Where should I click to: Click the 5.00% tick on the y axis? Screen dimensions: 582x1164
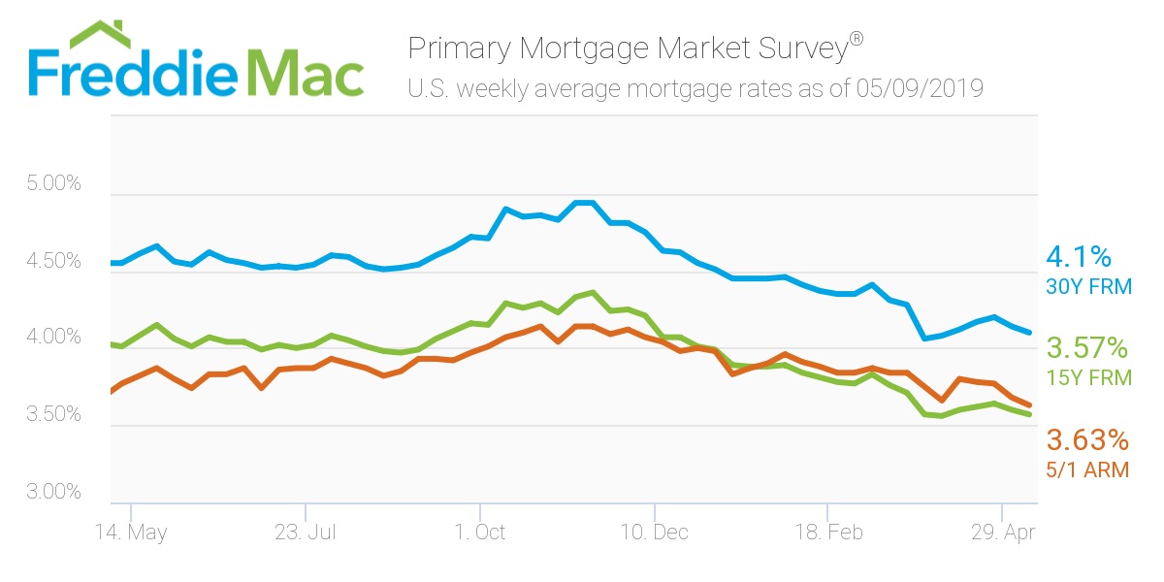click(x=53, y=183)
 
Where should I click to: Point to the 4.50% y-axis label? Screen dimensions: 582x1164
click(x=53, y=261)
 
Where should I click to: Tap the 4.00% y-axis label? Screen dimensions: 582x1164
click(x=53, y=338)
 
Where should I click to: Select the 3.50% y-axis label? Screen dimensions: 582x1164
click(x=53, y=414)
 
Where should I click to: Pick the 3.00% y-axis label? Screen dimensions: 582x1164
click(x=53, y=492)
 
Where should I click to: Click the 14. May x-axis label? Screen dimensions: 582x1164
click(x=130, y=533)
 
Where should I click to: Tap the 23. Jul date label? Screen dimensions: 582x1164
click(x=305, y=533)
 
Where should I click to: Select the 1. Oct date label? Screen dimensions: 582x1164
click(x=480, y=533)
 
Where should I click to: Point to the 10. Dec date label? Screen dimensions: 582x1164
click(x=655, y=533)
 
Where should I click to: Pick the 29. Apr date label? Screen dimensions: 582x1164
click(x=1001, y=533)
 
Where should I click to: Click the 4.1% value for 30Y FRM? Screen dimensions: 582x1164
click(x=1077, y=257)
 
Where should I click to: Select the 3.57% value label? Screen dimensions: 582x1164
click(x=1087, y=347)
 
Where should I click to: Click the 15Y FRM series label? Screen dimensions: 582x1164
click(x=1088, y=377)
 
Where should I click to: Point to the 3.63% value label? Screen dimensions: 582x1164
click(x=1087, y=440)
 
